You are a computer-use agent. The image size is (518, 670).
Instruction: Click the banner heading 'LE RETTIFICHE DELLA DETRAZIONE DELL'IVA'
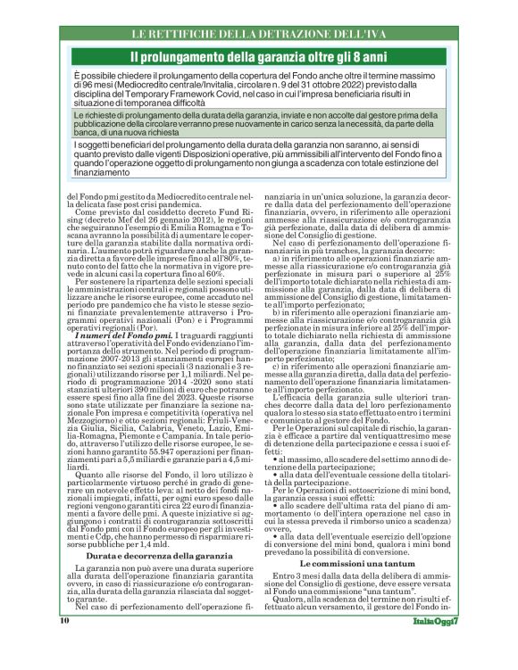pyautogui.click(x=258, y=35)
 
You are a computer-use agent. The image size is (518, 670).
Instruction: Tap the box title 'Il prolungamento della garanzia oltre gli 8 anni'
pyautogui.click(x=259, y=56)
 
